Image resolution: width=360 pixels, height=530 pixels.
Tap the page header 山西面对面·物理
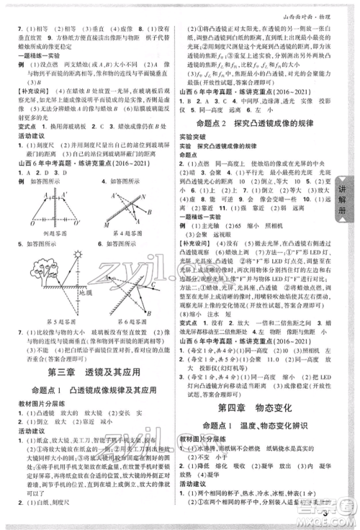pos(318,8)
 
